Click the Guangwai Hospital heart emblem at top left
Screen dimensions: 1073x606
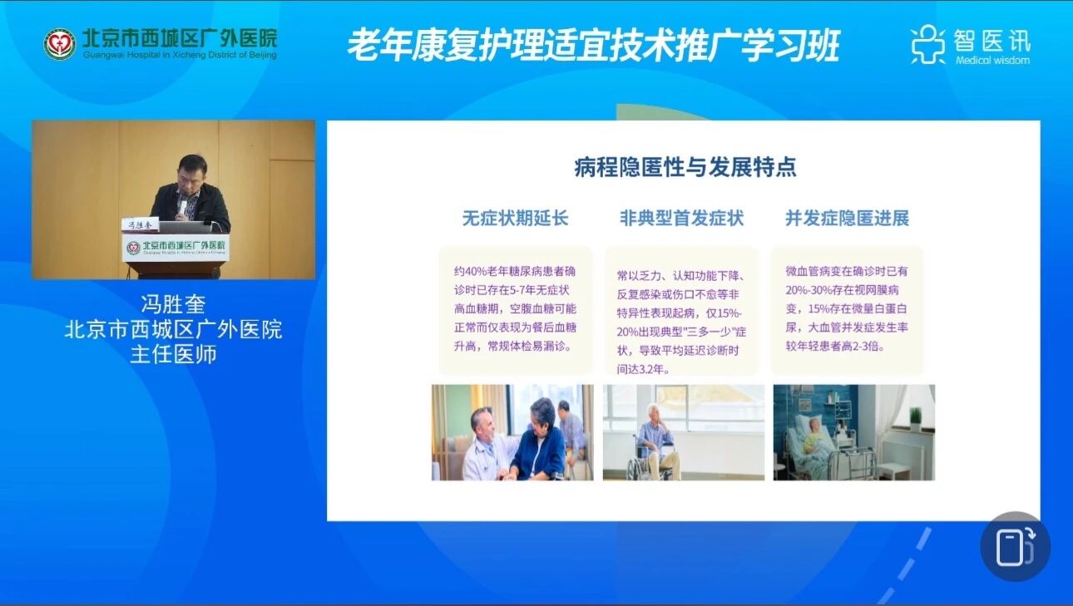coord(60,44)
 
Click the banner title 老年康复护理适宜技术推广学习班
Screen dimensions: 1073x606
coord(594,46)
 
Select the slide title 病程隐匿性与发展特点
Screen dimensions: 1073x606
coord(685,167)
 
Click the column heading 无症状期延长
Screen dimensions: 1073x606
coord(516,219)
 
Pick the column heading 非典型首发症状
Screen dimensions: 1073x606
coord(681,219)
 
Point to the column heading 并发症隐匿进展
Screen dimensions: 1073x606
coord(847,219)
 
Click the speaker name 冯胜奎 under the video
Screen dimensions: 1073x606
coord(173,304)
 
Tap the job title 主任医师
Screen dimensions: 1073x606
coord(173,354)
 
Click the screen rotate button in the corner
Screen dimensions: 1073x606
coord(1016,547)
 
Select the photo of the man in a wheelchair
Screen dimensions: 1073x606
coord(684,432)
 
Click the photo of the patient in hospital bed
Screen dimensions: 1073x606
coord(854,432)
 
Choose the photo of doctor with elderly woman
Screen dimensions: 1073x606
coord(512,432)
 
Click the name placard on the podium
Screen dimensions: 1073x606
coord(140,224)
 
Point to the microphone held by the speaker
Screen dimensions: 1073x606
coord(182,209)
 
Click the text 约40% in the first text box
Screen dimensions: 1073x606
coord(471,271)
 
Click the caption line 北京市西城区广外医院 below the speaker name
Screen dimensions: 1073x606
coord(173,329)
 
